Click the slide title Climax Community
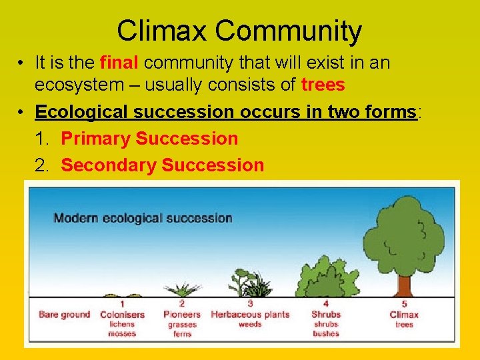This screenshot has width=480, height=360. point(239,31)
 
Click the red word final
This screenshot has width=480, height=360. point(119,63)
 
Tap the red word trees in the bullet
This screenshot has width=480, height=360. point(323,85)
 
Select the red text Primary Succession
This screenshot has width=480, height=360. point(149,139)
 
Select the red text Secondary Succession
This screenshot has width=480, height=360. point(162,165)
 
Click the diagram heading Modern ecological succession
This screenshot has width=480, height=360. point(143,218)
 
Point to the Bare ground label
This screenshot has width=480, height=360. point(64,314)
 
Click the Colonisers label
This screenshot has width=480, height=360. point(122,314)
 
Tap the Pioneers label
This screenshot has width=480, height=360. point(181,314)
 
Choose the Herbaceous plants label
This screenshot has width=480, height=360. point(250,314)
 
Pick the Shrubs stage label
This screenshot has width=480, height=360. point(325,314)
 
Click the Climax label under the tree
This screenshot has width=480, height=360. point(404,314)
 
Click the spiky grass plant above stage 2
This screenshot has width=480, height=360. point(181,290)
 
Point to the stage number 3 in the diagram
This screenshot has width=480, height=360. point(250,304)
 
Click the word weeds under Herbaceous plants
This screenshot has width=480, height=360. point(250,324)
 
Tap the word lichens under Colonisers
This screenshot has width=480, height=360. point(122,324)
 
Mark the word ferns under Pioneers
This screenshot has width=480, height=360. point(181,333)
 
